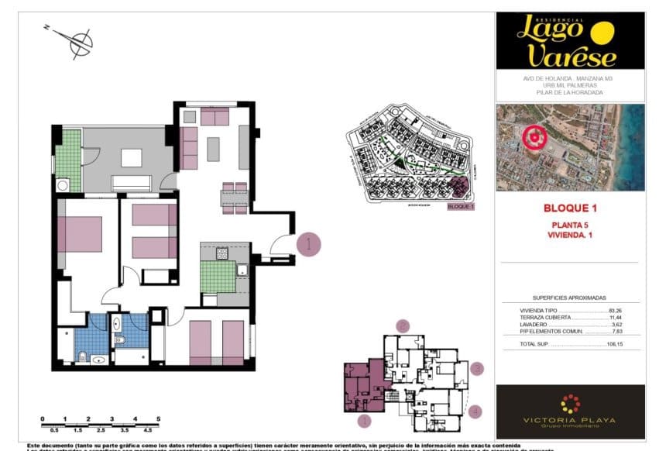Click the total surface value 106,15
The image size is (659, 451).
click(x=616, y=343)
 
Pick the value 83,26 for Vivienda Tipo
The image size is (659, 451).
click(x=616, y=310)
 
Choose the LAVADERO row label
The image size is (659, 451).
click(x=533, y=324)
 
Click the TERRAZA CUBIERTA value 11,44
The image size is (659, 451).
click(x=616, y=317)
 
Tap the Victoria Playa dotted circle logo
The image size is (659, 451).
click(x=570, y=404)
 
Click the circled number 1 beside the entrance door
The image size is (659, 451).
click(x=308, y=244)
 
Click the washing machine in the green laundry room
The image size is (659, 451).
click(x=63, y=185)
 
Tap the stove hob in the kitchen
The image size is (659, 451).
click(x=222, y=253)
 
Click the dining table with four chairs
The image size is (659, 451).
click(x=234, y=198)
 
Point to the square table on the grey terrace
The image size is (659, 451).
click(x=131, y=157)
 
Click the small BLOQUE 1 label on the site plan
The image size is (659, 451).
click(x=461, y=207)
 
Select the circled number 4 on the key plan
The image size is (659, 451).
click(x=475, y=411)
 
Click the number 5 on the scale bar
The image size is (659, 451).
click(x=158, y=418)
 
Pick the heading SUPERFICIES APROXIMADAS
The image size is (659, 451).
click(x=569, y=298)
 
